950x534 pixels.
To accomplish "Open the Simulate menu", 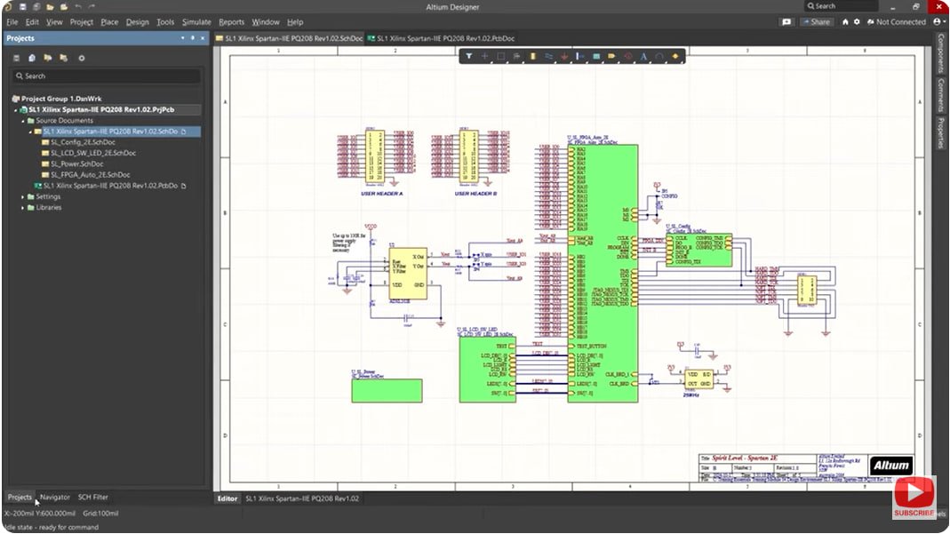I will click(x=196, y=22).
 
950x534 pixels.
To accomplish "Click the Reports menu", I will click(x=231, y=22).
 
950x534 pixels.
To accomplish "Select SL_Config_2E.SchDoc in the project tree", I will click(x=78, y=142).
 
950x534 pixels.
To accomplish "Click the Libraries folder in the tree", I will click(x=49, y=207).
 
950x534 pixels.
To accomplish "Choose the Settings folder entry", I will click(x=48, y=196).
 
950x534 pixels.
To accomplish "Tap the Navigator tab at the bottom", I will click(x=55, y=497).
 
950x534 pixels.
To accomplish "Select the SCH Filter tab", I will click(x=92, y=497).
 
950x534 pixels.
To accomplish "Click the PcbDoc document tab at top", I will click(x=444, y=38).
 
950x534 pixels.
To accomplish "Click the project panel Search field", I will click(x=107, y=76).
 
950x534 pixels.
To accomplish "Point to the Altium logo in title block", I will click(x=890, y=465).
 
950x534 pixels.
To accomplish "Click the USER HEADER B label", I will click(x=475, y=193).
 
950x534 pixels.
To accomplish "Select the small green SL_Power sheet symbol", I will click(x=387, y=391).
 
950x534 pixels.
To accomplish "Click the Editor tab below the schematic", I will click(x=228, y=498).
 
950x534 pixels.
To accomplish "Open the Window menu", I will click(x=265, y=22).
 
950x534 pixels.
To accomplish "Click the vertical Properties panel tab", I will click(x=941, y=132).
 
